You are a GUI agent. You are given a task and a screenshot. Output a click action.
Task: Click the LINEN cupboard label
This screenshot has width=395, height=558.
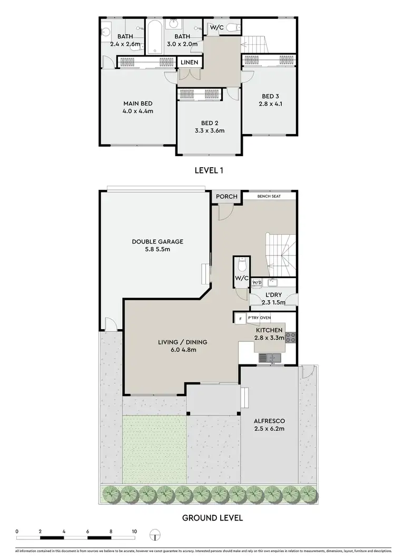190,63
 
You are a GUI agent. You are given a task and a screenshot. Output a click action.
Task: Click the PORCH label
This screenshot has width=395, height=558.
227,197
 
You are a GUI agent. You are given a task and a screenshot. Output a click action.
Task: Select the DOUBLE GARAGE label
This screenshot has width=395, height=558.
157,241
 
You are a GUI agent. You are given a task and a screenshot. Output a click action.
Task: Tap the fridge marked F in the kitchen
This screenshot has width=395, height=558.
240,319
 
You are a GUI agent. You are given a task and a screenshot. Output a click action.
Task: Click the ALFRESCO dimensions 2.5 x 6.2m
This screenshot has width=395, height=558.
269,429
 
